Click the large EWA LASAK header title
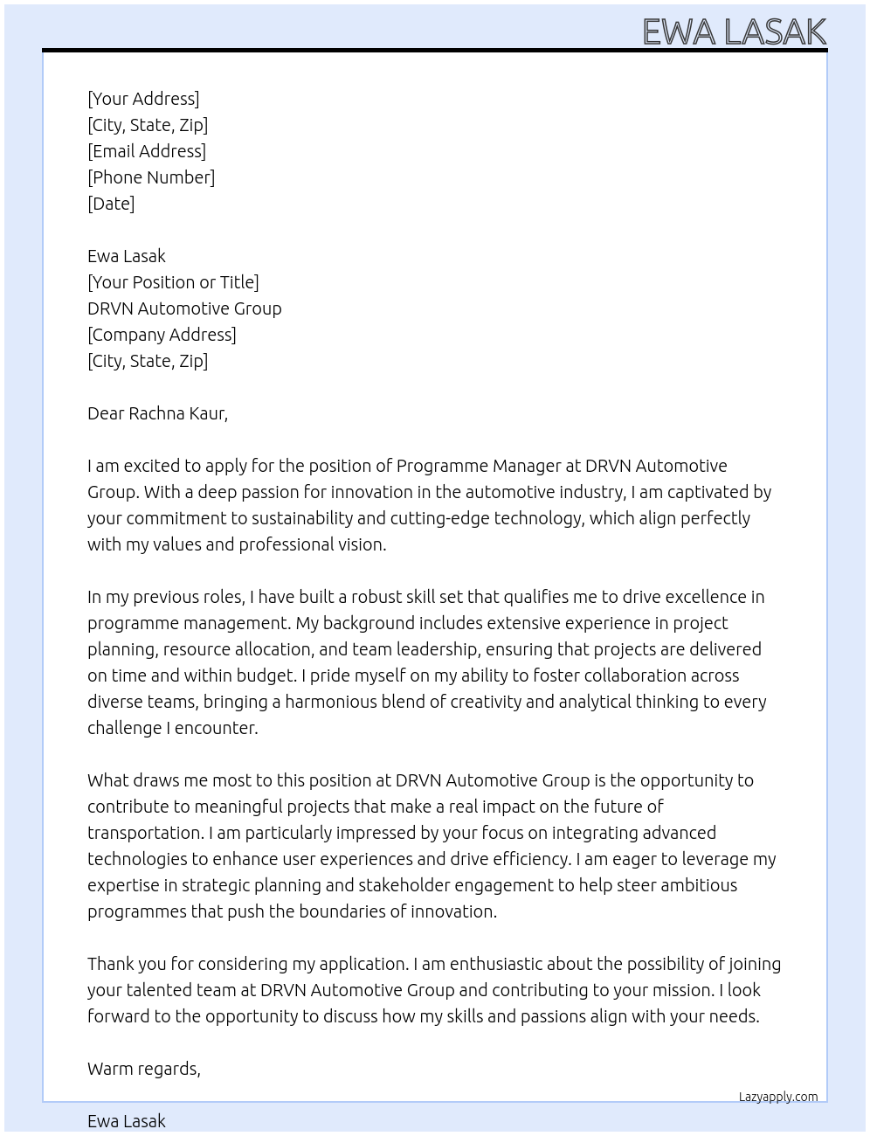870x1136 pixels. pos(734,31)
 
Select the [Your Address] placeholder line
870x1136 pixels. pos(143,99)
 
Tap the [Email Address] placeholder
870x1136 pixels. pos(147,151)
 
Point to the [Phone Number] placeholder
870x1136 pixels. pos(151,177)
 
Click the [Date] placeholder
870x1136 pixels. pos(111,204)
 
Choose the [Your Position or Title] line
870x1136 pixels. pos(173,282)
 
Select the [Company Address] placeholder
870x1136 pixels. pos(162,335)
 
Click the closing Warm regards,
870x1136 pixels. pos(144,1069)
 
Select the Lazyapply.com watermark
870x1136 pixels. pos(778,1097)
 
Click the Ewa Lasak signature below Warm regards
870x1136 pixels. pos(127,1121)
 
